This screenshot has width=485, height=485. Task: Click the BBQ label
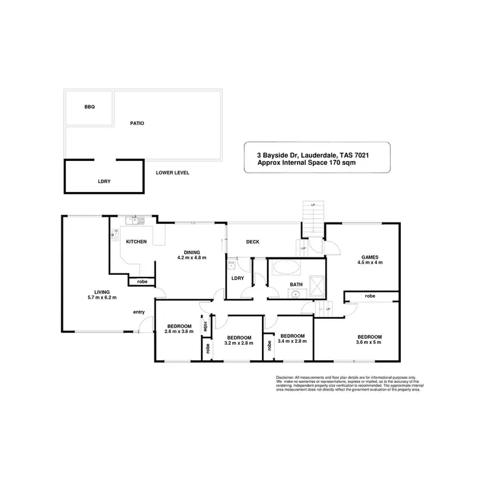[89, 107]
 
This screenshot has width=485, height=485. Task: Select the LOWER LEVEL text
[172, 173]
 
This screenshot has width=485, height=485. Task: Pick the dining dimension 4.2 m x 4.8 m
[191, 257]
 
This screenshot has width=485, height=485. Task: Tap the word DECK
[253, 242]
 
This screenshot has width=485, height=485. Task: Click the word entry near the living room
[139, 312]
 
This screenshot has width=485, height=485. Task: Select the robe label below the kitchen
[142, 281]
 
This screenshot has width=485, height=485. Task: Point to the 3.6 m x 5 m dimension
[369, 343]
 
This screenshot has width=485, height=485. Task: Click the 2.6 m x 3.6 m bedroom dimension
[179, 331]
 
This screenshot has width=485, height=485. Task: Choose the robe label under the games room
[370, 296]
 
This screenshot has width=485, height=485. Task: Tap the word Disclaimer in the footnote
[285, 376]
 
